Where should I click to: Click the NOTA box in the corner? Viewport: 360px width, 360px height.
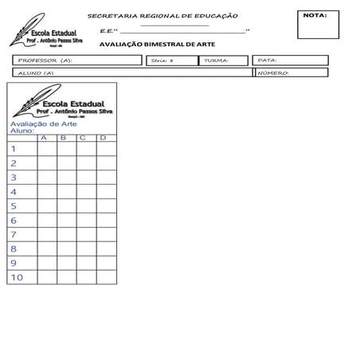click(322, 25)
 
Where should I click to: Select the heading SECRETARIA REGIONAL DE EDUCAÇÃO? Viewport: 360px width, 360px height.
click(162, 16)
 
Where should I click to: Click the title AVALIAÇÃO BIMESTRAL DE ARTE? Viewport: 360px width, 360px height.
click(156, 45)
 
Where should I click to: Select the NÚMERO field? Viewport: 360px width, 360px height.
click(291, 73)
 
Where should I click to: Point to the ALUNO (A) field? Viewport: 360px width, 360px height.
click(131, 73)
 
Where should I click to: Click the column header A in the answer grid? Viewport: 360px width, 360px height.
click(46, 139)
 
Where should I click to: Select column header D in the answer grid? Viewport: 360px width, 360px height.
click(103, 139)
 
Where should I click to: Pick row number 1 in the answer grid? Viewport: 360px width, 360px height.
click(14, 149)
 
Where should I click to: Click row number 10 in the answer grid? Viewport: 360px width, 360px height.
click(18, 277)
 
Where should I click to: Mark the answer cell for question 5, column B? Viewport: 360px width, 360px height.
click(66, 205)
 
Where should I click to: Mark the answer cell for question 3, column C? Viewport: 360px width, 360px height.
click(85, 178)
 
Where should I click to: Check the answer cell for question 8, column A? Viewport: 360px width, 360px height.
click(46, 248)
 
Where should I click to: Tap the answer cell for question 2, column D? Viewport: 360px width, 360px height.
click(104, 163)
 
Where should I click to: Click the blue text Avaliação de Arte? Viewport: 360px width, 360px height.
click(44, 123)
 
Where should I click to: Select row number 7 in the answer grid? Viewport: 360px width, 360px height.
click(14, 234)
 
